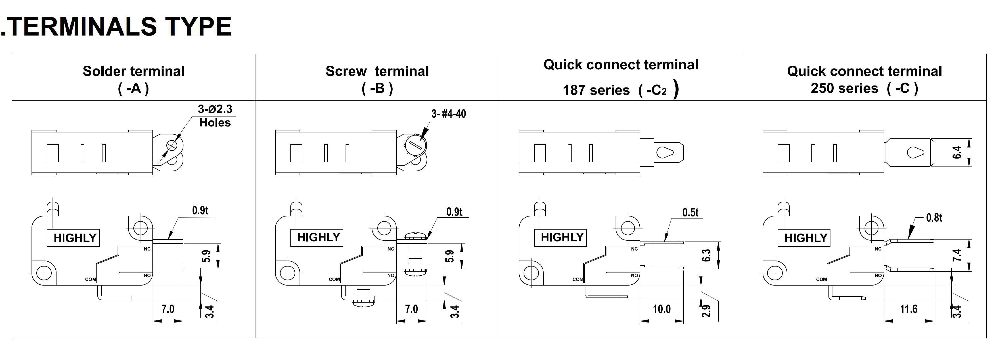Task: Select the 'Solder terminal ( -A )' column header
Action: (x=133, y=79)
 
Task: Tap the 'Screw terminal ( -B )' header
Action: (x=377, y=79)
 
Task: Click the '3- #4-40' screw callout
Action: (x=448, y=114)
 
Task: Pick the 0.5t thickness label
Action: (x=690, y=212)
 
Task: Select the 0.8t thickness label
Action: (x=934, y=218)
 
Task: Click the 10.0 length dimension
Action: (x=662, y=309)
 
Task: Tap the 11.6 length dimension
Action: (x=908, y=309)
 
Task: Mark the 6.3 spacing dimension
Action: (x=706, y=255)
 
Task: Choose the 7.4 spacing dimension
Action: (x=957, y=255)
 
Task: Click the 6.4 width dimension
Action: (x=957, y=153)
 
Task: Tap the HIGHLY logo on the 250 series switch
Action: (x=805, y=238)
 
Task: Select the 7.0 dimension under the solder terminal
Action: (x=168, y=309)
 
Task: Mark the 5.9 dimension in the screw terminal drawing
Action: (x=450, y=256)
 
